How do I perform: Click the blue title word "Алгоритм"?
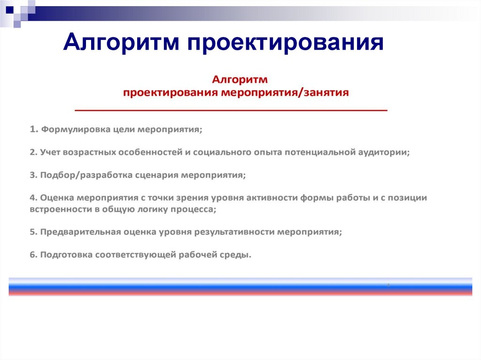[122, 43]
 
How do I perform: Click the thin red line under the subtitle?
[231, 110]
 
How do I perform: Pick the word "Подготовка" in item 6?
[65, 255]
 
